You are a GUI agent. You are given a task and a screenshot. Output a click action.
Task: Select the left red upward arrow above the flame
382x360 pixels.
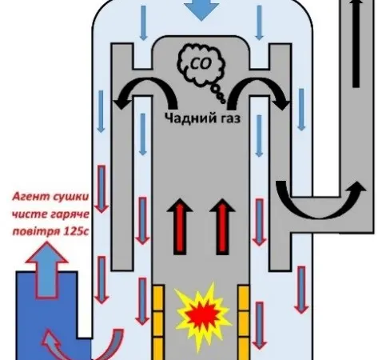pyautogui.click(x=180, y=226)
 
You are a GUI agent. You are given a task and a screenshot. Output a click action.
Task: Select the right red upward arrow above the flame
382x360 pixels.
pyautogui.click(x=222, y=226)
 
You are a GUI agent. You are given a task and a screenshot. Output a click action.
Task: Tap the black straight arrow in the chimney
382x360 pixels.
pyautogui.click(x=356, y=43)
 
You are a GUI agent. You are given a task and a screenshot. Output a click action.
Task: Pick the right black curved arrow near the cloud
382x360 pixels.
pyautogui.click(x=258, y=86)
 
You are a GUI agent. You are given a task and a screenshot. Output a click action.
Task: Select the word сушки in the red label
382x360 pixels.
pyautogui.click(x=71, y=197)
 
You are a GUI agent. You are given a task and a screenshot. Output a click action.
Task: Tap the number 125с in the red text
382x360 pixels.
pyautogui.click(x=76, y=231)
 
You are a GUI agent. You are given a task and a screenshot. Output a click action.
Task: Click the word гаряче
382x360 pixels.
pyautogui.click(x=70, y=214)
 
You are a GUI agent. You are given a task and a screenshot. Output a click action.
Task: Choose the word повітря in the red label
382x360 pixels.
pyautogui.click(x=36, y=231)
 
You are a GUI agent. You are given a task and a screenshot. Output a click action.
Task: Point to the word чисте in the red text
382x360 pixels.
pyautogui.click(x=30, y=214)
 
